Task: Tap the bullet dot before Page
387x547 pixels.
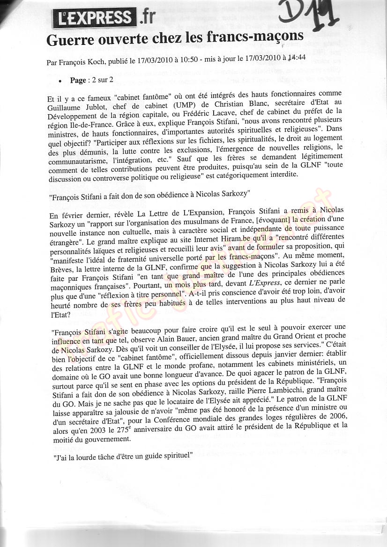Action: point(60,80)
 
